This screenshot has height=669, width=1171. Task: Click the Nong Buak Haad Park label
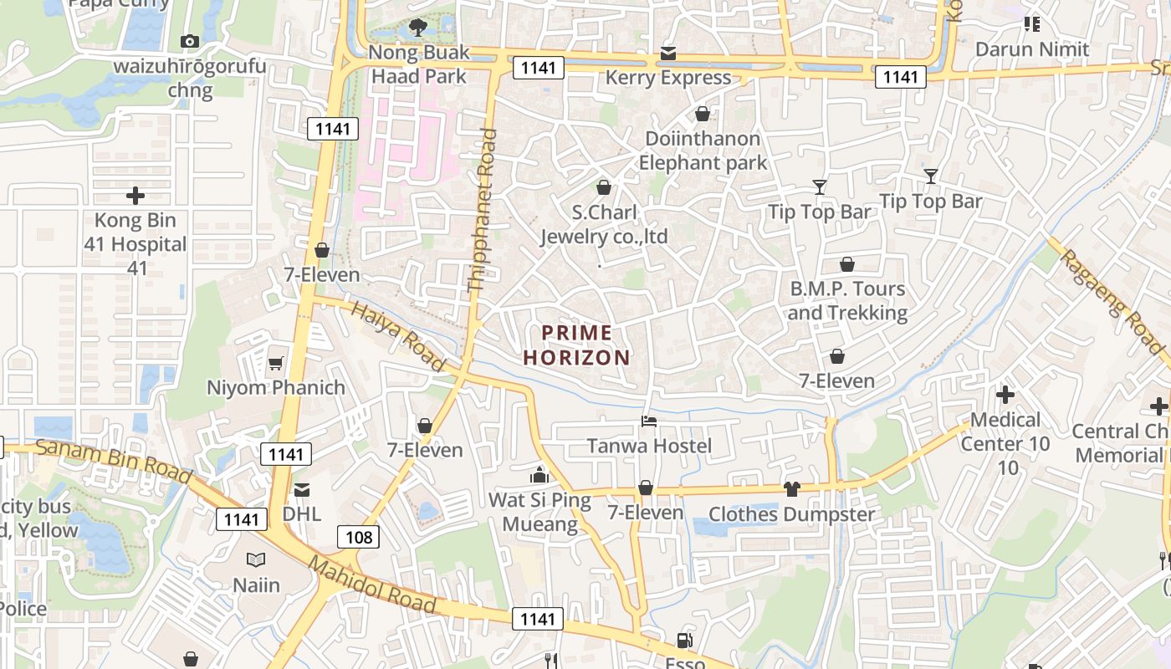419,64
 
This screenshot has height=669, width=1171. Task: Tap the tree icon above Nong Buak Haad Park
419,28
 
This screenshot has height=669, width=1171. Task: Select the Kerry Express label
667,78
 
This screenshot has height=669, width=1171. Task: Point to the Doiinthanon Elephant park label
703,151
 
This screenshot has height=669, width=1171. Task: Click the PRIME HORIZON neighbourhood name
577,345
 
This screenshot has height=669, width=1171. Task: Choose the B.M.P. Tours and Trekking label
847,301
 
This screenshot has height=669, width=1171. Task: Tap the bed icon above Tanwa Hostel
649,421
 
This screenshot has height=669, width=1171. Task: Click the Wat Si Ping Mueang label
539,513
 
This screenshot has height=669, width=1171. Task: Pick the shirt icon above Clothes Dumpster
791,489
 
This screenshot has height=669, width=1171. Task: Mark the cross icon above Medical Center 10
1005,394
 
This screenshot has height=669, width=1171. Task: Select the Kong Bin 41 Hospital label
136,244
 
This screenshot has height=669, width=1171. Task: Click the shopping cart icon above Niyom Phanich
275,363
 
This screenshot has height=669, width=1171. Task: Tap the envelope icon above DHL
301,489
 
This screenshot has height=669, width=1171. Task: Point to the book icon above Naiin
256,559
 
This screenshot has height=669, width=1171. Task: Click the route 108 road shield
358,537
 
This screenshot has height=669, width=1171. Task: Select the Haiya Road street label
397,336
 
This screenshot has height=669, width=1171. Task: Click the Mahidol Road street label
372,585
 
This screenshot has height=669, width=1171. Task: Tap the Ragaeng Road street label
1113,302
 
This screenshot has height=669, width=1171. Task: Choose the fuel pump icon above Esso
684,641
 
